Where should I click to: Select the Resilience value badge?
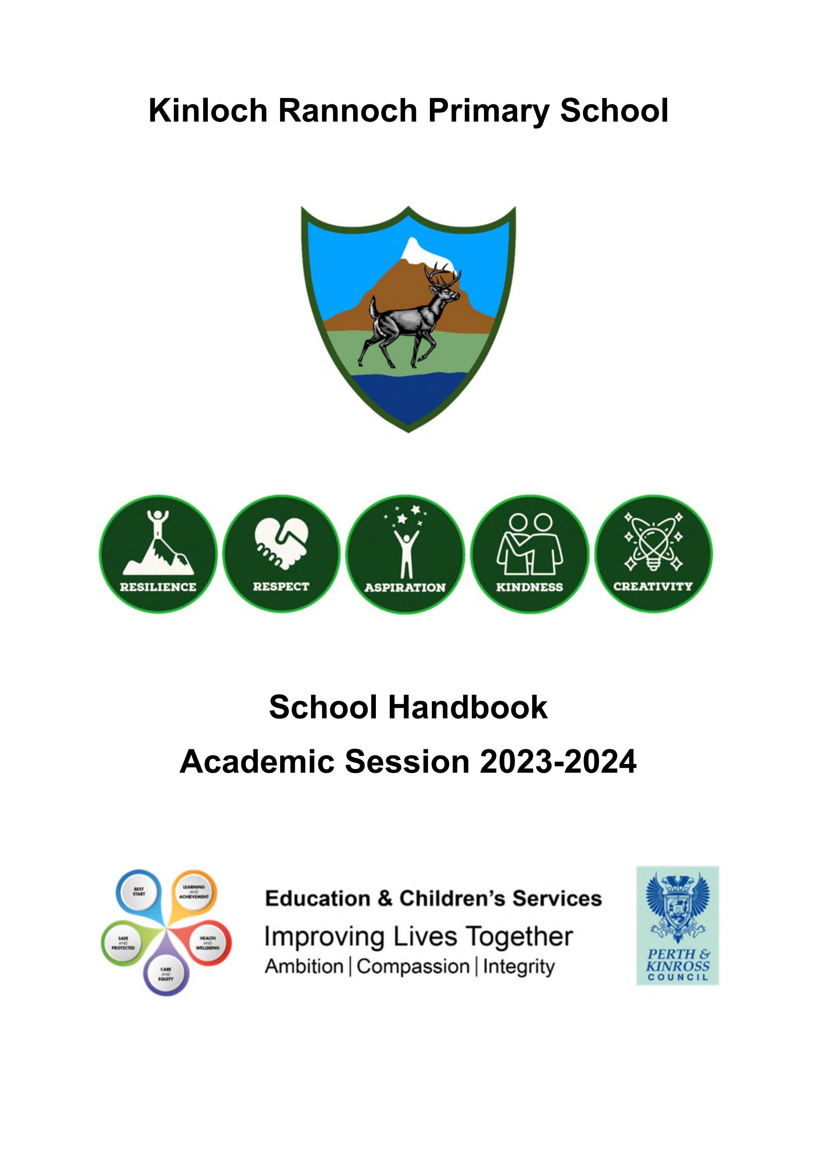tap(158, 554)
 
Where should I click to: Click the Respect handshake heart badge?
tap(281, 554)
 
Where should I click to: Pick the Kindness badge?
tap(529, 554)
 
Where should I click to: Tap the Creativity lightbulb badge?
tap(653, 554)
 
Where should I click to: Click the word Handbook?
tap(467, 708)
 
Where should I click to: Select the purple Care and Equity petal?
tap(166, 972)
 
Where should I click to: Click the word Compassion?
tap(413, 967)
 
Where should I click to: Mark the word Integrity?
tap(519, 967)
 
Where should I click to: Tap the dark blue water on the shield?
tap(408, 398)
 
